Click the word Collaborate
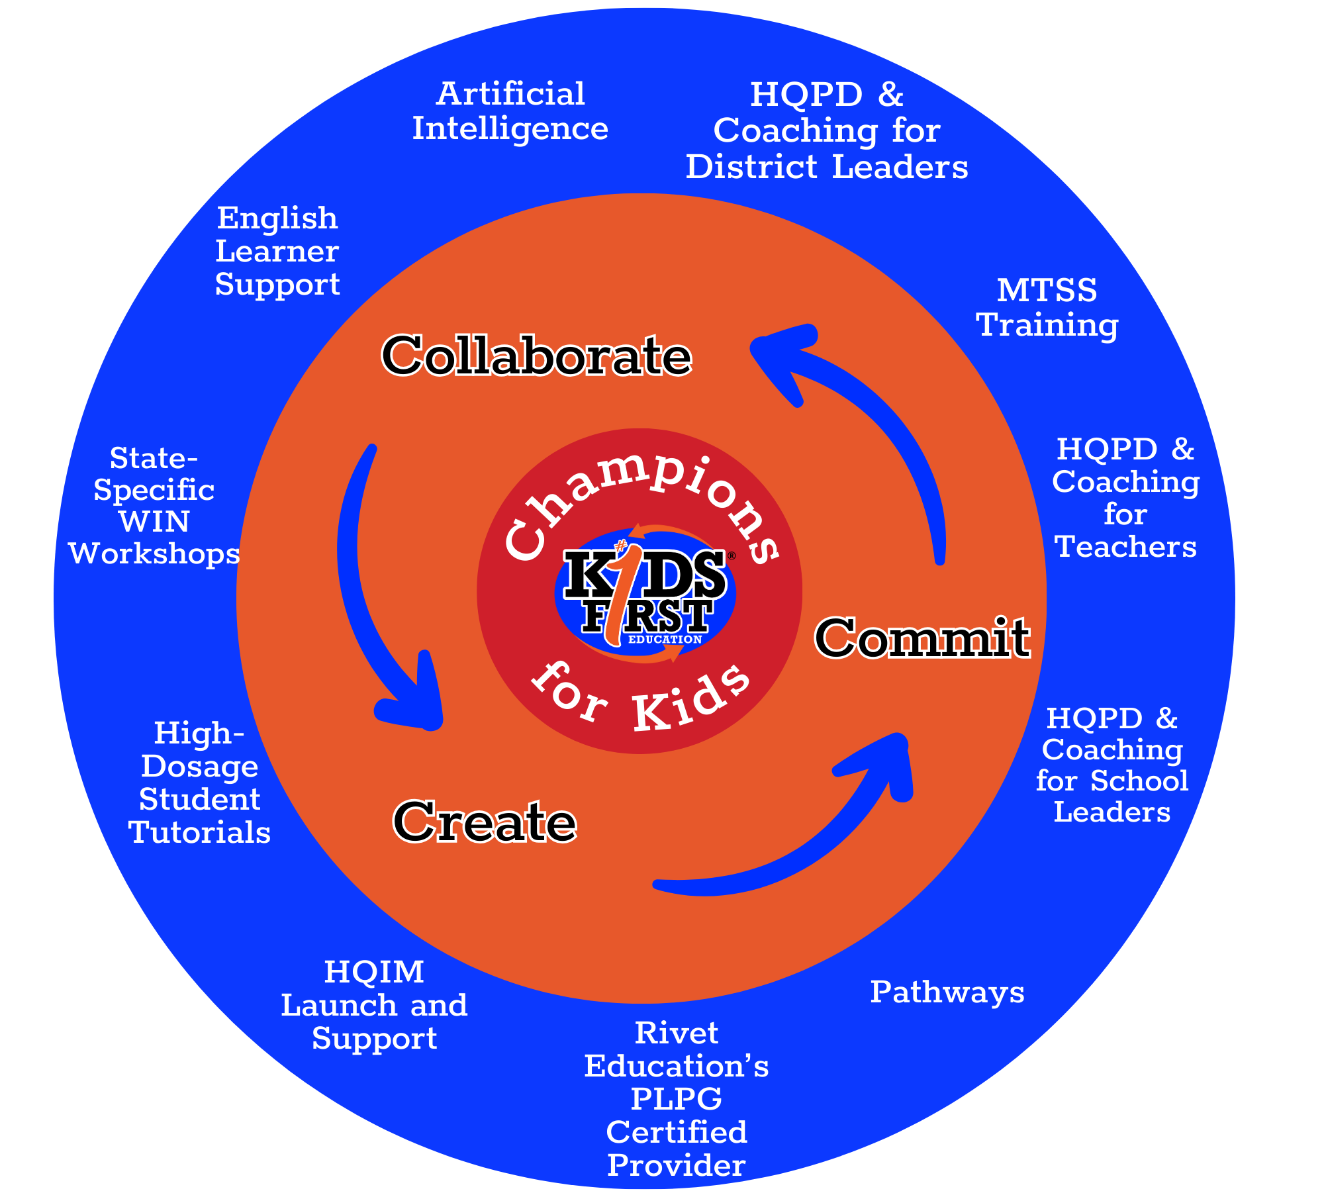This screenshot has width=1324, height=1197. click(537, 356)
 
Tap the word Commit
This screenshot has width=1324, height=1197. click(922, 638)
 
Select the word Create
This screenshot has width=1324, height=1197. click(485, 822)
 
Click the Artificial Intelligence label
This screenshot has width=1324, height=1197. click(510, 111)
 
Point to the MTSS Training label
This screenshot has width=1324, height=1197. click(1047, 308)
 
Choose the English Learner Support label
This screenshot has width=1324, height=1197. click(277, 251)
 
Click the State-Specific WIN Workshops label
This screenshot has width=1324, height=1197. click(154, 506)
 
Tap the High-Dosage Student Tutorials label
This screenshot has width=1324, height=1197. click(199, 783)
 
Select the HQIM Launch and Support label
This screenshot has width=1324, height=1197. click(374, 1005)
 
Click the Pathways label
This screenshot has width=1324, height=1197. click(947, 992)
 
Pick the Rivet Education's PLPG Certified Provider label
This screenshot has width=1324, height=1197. click(677, 1099)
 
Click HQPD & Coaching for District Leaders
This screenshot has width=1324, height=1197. click(827, 130)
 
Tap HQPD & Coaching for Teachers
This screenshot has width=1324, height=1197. click(1125, 498)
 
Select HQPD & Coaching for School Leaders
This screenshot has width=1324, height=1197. click(1112, 765)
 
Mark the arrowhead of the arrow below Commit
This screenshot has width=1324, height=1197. click(887, 761)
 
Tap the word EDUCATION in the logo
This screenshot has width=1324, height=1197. click(665, 640)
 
